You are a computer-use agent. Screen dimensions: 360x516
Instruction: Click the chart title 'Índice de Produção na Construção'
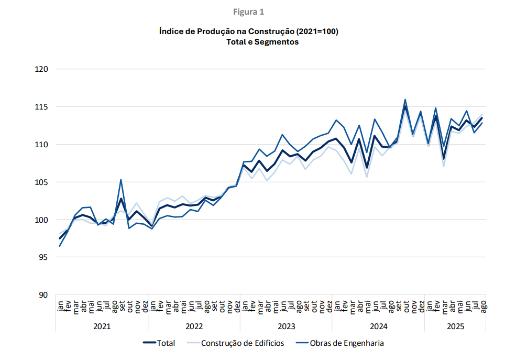[249, 31]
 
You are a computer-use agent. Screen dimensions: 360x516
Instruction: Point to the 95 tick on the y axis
[43, 257]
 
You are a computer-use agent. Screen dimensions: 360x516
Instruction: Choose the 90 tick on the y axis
[43, 295]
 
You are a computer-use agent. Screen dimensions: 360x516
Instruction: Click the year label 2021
[102, 326]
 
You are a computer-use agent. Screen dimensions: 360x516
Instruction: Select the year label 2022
[194, 326]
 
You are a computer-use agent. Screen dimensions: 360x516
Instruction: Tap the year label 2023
[286, 326]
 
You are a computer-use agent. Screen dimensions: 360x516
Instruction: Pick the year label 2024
[378, 326]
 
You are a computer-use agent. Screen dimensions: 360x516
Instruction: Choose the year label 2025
[455, 326]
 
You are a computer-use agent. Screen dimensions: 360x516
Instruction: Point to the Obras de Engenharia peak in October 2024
[405, 100]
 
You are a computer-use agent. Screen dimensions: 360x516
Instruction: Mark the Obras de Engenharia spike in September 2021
[121, 180]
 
